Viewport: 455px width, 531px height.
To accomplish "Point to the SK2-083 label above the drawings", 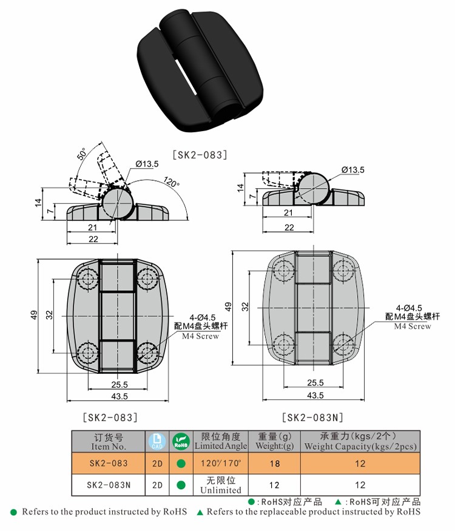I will coord(200,155).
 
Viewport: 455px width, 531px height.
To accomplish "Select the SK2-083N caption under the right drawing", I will coord(313,417).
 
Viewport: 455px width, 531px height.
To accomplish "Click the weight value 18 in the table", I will coord(275,464).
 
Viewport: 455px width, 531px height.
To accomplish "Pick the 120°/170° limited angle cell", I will coord(221,464).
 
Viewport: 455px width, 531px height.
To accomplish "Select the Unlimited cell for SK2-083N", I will coord(221,485).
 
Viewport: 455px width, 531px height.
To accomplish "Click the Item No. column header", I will coord(109,441).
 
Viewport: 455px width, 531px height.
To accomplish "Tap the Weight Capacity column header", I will coord(360,441).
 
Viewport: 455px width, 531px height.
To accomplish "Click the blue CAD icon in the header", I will coord(156,441).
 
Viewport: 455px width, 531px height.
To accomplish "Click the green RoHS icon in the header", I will coord(181,441).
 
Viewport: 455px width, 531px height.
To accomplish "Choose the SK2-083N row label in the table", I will coord(109,485).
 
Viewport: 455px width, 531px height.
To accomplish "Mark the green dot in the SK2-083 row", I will coord(181,464).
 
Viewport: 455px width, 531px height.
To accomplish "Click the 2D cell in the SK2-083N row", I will coord(157,485).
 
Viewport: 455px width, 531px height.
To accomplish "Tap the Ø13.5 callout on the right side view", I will coord(352,170).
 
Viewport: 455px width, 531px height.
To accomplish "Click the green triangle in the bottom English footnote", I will coord(200,512).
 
